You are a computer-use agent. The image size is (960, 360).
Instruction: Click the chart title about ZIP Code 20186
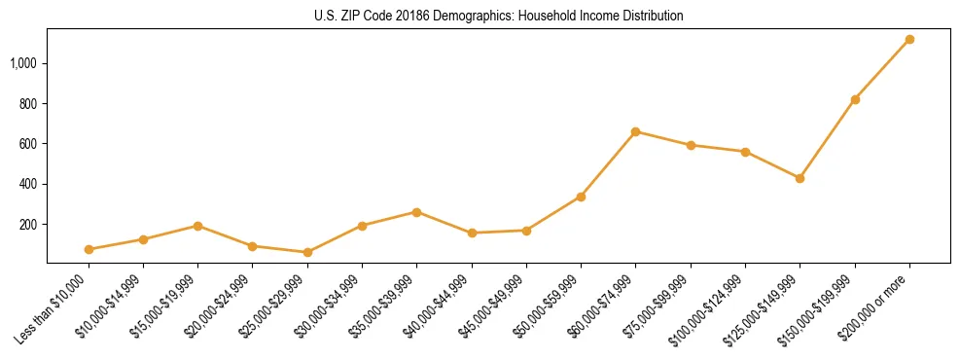(498, 16)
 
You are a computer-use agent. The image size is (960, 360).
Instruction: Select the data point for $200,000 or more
(909, 39)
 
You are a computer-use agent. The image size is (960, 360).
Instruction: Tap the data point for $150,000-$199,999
(855, 99)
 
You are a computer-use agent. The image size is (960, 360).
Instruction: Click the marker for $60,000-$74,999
(635, 131)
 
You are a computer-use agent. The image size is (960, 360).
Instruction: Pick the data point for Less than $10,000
(89, 249)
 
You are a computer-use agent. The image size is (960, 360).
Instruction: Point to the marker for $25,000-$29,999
(307, 252)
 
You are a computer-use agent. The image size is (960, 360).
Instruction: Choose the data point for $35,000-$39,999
(416, 212)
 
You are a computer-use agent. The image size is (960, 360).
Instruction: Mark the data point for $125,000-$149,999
(800, 178)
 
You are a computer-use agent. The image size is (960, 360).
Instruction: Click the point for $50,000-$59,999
(581, 197)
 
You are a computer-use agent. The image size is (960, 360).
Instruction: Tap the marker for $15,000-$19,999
(197, 226)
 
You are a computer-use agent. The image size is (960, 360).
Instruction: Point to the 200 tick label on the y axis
(28, 224)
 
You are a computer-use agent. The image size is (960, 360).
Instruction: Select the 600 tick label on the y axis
(28, 144)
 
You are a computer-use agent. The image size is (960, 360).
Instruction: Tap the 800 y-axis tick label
(28, 103)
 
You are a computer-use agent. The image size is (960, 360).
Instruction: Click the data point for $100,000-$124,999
(745, 152)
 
